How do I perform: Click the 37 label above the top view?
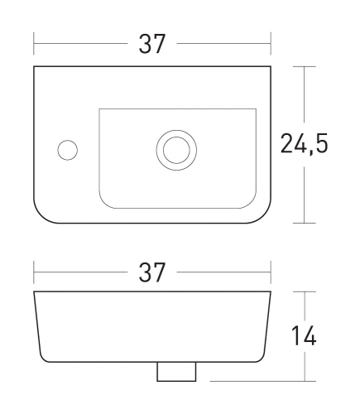152,45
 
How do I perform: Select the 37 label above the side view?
152,271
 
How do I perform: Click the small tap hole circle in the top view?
66,150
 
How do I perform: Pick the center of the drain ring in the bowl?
176,149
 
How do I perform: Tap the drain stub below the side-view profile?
176,373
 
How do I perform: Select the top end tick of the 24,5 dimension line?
306,66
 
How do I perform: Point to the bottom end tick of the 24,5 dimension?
306,223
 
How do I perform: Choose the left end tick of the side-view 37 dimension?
34,271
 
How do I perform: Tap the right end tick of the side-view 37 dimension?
271,271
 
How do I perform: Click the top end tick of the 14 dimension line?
306,291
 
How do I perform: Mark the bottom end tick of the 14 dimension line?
306,382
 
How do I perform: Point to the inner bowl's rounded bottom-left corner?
104,202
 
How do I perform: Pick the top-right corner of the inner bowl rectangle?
256,108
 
